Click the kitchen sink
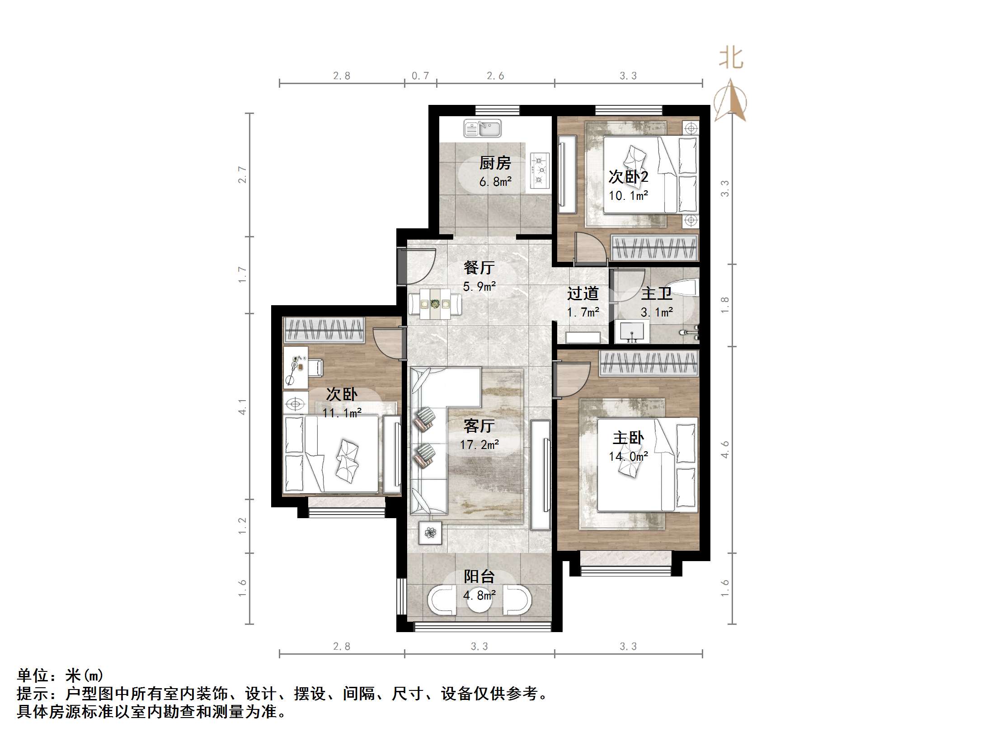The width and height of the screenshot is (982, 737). [482, 128]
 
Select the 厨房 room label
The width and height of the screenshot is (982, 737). [495, 162]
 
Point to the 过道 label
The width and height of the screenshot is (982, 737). [583, 293]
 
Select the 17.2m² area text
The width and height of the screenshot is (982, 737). [479, 444]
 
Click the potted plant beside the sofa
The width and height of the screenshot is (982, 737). [430, 533]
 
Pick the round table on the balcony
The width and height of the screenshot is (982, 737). [479, 600]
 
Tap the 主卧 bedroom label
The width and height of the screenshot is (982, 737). [628, 437]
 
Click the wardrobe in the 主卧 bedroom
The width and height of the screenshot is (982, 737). [649, 364]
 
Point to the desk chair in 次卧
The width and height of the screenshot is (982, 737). [316, 367]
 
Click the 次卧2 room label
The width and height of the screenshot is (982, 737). [628, 176]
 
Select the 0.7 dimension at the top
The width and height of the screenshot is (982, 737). [420, 76]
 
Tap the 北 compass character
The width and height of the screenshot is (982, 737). [731, 59]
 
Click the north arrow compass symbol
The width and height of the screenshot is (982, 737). [730, 102]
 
